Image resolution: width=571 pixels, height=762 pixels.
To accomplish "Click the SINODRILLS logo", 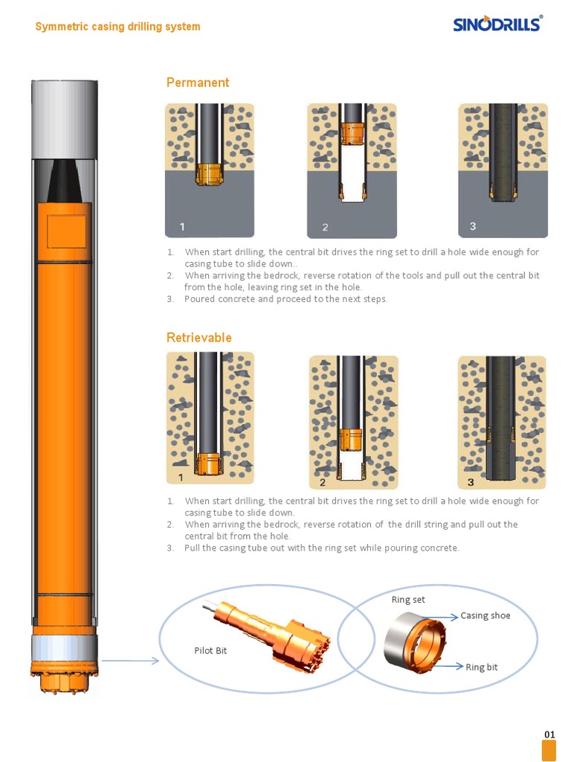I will click(497, 24).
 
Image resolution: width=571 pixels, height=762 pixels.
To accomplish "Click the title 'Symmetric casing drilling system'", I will click(117, 27).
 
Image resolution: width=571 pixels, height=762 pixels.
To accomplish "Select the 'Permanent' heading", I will click(198, 83).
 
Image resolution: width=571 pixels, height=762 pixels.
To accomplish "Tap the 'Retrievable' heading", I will click(199, 338).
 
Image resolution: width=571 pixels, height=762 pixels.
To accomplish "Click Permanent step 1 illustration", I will click(209, 170).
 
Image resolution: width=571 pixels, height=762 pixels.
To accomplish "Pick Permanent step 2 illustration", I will click(352, 170).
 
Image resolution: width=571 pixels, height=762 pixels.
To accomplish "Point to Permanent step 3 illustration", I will click(503, 170).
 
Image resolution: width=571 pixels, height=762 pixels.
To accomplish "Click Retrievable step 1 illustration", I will click(210, 418).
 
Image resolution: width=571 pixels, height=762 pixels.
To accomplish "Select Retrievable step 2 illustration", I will click(353, 421).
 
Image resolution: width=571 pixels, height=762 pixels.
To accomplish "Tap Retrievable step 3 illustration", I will click(502, 421).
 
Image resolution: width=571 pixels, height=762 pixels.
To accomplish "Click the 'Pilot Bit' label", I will click(210, 651).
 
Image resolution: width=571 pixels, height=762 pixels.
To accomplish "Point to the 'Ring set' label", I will click(408, 600).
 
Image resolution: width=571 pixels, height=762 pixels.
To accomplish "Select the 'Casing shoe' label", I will click(485, 616).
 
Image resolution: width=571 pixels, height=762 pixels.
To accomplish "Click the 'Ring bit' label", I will click(482, 667).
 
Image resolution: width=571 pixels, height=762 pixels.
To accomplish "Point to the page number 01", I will click(549, 734).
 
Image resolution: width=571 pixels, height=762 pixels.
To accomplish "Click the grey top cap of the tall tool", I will click(65, 119).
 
